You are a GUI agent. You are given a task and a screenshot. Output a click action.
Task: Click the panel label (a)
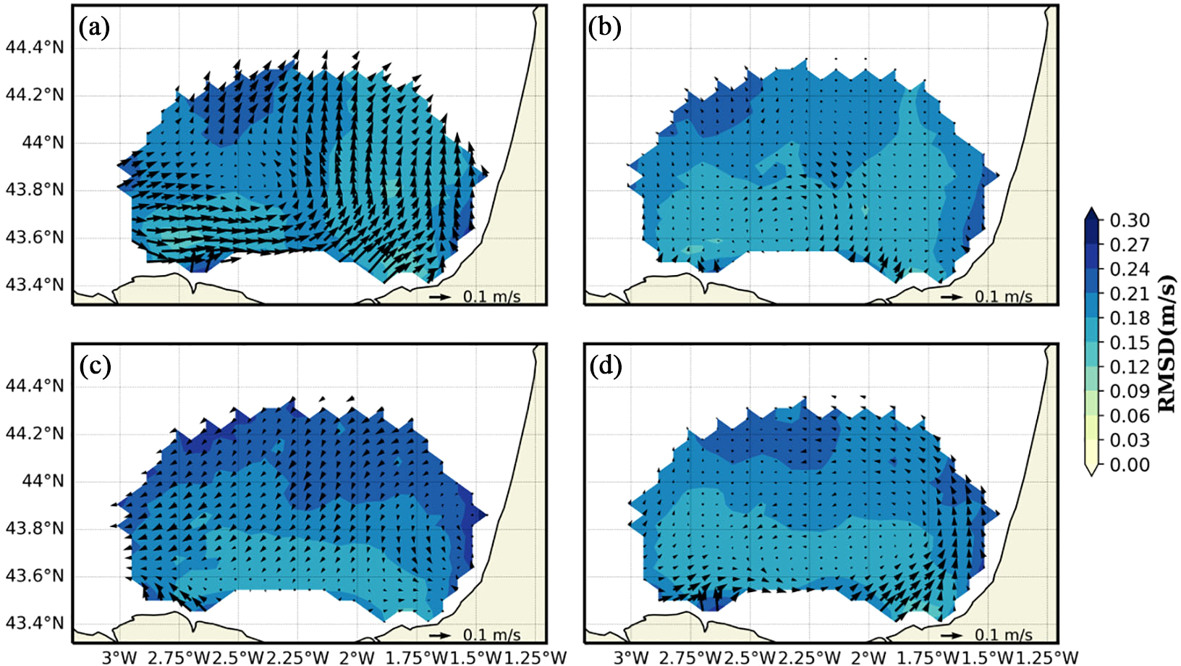[x=95, y=28]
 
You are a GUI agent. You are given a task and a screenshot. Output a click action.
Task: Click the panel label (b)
[x=605, y=28]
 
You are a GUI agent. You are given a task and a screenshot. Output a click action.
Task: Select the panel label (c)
[x=95, y=366]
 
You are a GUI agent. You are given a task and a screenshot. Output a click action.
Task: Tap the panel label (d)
[x=606, y=366]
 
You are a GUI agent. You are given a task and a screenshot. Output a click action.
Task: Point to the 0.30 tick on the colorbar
[x=1130, y=220]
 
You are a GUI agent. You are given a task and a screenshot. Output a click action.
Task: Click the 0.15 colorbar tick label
[x=1130, y=342]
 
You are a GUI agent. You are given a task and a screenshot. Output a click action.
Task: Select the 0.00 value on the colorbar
[x=1130, y=465]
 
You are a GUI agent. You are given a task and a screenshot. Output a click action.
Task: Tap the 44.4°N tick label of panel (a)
[x=35, y=48]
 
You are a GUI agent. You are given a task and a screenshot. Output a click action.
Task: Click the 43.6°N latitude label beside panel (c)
[x=35, y=576]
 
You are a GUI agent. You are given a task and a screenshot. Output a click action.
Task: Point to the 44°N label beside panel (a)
[x=43, y=143]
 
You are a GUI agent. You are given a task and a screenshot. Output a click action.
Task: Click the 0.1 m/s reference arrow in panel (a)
[x=439, y=297]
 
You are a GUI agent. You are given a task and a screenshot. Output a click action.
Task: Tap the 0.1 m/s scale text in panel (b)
[x=1004, y=297]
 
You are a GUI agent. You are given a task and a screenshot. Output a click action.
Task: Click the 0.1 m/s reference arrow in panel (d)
[x=951, y=635]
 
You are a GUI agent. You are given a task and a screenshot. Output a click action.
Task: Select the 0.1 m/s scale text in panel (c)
[x=492, y=635]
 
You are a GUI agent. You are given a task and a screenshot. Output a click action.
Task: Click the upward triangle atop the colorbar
[x=1092, y=213]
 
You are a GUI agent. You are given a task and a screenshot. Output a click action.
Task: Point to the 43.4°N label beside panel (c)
[x=35, y=623]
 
